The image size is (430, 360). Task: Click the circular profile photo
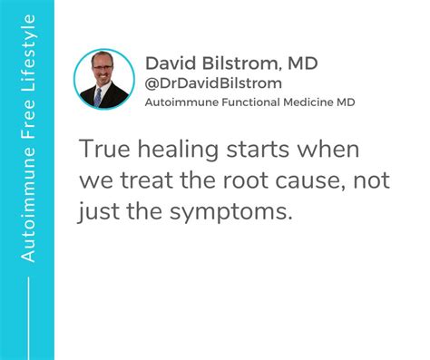click(x=104, y=80)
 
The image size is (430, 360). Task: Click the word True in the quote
click(x=100, y=150)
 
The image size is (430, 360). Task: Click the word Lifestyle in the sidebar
click(x=27, y=46)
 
